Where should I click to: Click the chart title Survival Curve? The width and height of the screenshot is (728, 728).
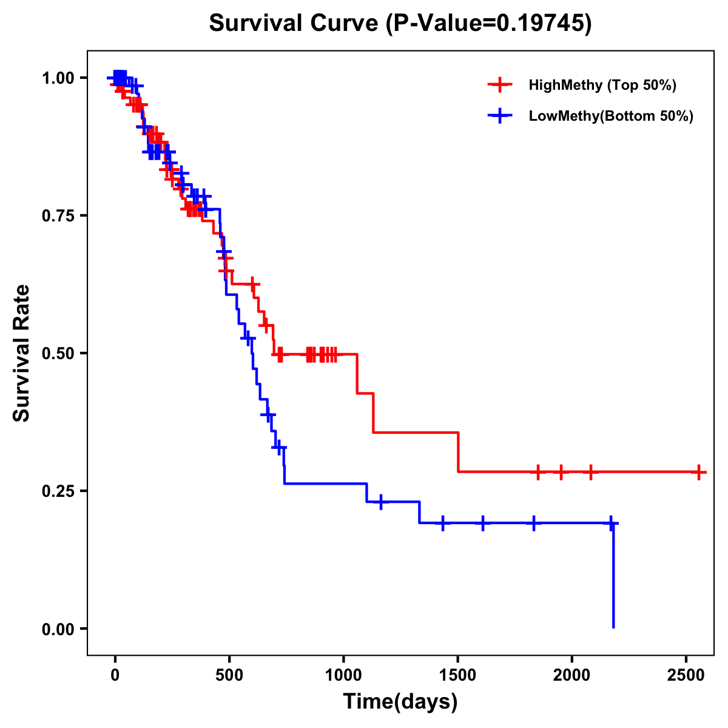[400, 24]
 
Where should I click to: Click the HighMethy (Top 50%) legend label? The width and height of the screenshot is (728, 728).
[602, 85]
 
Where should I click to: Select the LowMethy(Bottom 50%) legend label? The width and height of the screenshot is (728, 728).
[611, 116]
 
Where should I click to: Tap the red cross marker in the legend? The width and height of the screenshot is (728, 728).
[499, 85]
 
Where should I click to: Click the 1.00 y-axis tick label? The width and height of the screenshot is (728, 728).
[58, 78]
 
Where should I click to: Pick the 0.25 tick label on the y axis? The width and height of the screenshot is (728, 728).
[58, 491]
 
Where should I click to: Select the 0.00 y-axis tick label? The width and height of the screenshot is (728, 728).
[58, 629]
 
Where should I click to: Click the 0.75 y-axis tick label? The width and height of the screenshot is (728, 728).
[58, 216]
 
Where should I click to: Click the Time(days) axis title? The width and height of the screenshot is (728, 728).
[400, 702]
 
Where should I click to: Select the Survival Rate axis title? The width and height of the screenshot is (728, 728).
[22, 352]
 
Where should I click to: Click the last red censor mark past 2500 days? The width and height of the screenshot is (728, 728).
[699, 472]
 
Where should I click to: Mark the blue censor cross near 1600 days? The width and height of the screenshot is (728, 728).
[483, 523]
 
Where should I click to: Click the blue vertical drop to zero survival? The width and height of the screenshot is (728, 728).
[613, 576]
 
